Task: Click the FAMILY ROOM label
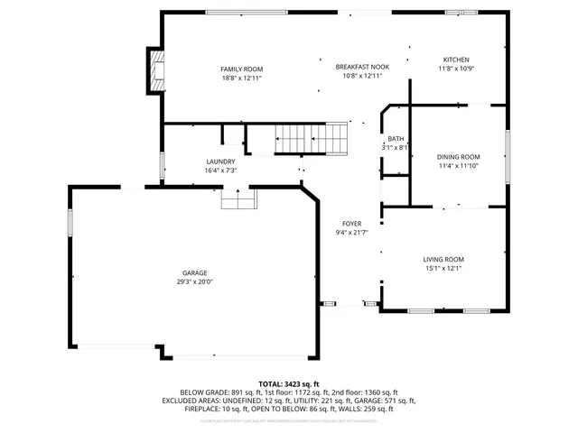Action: [242, 69]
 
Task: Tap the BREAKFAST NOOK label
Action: [362, 67]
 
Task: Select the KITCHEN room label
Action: [456, 60]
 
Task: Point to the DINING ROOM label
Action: [458, 157]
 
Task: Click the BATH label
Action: [396, 139]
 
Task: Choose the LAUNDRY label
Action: [220, 161]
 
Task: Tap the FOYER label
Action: [351, 224]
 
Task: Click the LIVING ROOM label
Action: [443, 259]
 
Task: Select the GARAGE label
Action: [194, 272]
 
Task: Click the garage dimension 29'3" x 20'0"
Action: [194, 281]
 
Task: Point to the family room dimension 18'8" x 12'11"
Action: [242, 78]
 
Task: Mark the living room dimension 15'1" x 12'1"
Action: [443, 268]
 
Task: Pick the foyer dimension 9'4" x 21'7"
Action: [351, 233]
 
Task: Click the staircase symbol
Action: [311, 139]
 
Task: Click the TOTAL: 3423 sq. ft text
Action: [289, 383]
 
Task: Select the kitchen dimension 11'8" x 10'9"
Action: [456, 69]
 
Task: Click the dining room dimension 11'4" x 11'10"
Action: [458, 166]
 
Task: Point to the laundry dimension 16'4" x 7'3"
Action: [220, 170]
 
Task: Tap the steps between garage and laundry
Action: [238, 198]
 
